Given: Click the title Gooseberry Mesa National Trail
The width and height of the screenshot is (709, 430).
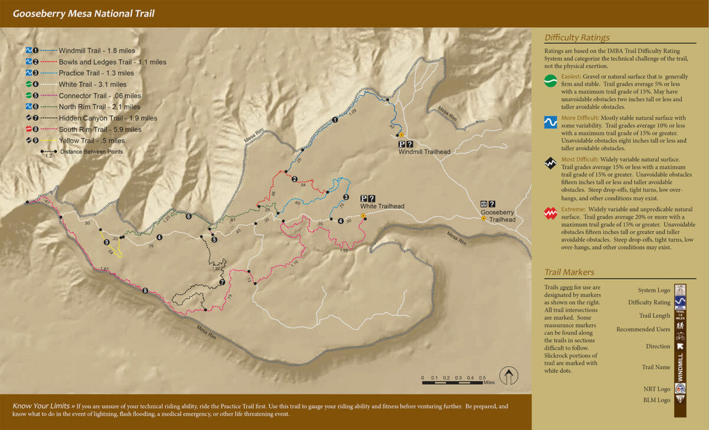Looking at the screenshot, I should tap(83, 13).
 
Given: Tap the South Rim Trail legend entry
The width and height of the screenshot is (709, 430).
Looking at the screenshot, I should tap(100, 129).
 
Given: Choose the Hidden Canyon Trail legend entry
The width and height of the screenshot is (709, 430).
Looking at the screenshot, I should tap(108, 118).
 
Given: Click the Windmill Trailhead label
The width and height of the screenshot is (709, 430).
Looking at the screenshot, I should tap(424, 152).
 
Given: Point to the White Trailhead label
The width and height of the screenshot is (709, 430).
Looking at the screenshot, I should tap(382, 206).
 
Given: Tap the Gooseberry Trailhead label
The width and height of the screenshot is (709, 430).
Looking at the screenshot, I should tap(498, 216).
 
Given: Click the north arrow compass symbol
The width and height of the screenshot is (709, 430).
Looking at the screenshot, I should tap(509, 376).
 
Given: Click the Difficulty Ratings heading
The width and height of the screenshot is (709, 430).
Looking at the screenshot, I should tap(577, 38).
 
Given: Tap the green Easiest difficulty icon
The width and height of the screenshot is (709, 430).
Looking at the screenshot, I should tap(551, 81).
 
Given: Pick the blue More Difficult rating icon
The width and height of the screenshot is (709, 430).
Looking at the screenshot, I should tap(551, 122).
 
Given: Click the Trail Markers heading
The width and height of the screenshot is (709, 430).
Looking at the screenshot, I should tap(569, 272).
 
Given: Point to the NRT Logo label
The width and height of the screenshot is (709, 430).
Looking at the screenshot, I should tap(657, 389).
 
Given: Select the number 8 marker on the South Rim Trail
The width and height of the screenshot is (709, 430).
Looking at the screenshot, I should tap(145, 290).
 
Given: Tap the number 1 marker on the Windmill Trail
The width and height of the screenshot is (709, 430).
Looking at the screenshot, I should tap(335, 120).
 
